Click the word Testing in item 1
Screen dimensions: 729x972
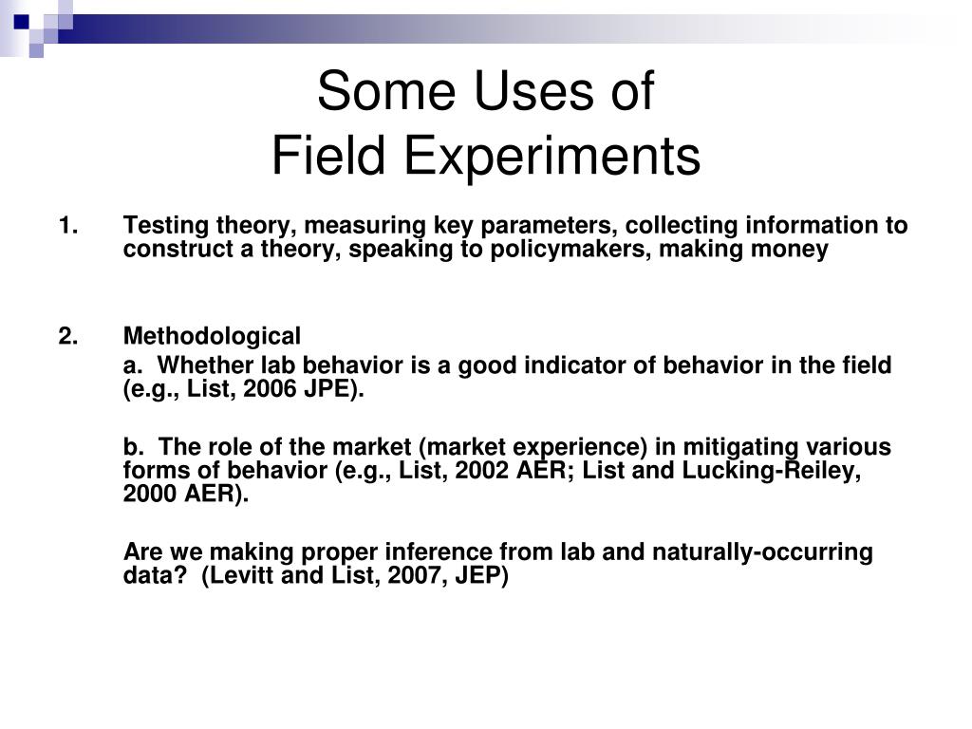click(x=162, y=226)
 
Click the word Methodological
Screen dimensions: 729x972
click(x=212, y=336)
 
